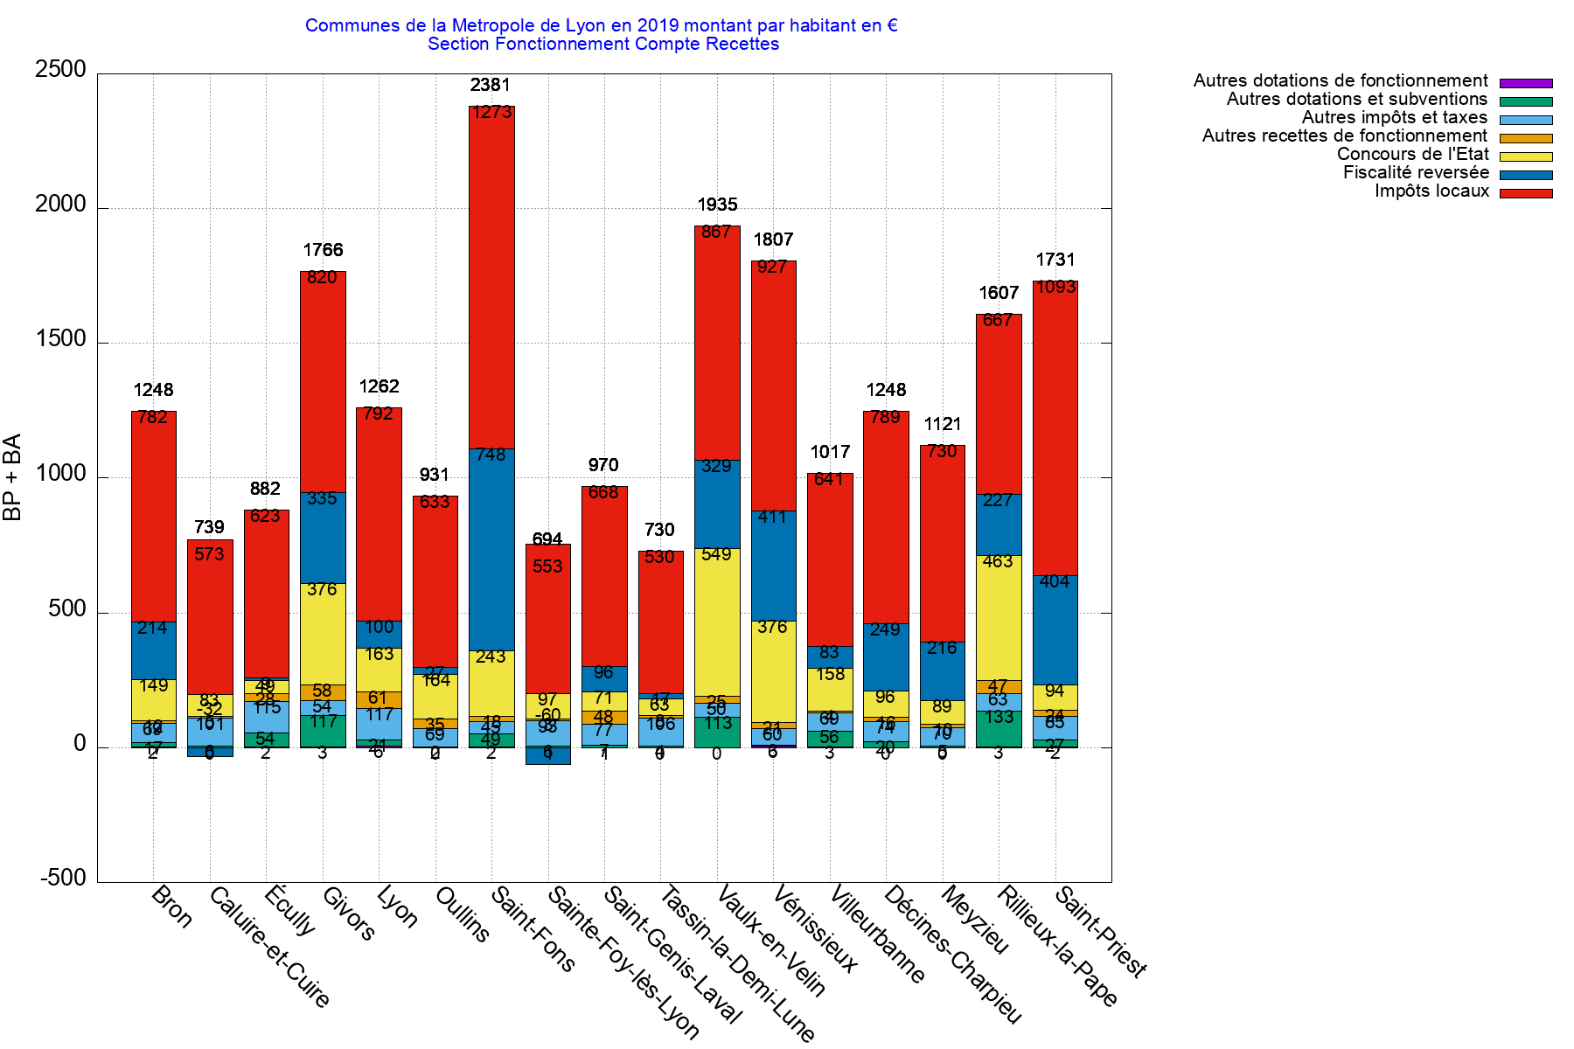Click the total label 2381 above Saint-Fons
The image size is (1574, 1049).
[x=490, y=85]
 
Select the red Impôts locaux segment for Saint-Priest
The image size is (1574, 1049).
[x=1055, y=428]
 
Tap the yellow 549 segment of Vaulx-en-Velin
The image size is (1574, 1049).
[x=717, y=621]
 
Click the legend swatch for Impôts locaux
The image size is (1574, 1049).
[x=1526, y=193]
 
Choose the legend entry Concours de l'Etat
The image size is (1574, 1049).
[x=1412, y=154]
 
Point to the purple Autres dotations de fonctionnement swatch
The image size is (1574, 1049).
[x=1526, y=83]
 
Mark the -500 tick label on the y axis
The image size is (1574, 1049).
[x=63, y=878]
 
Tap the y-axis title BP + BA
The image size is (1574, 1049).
[x=12, y=477]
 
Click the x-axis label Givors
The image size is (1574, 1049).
[x=349, y=914]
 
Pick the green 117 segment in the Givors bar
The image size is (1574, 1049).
[x=323, y=731]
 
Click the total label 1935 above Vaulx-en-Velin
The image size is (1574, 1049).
[x=717, y=205]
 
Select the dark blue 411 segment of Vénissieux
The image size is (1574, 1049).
[x=773, y=566]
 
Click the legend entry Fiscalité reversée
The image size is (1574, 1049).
[x=1416, y=172]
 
